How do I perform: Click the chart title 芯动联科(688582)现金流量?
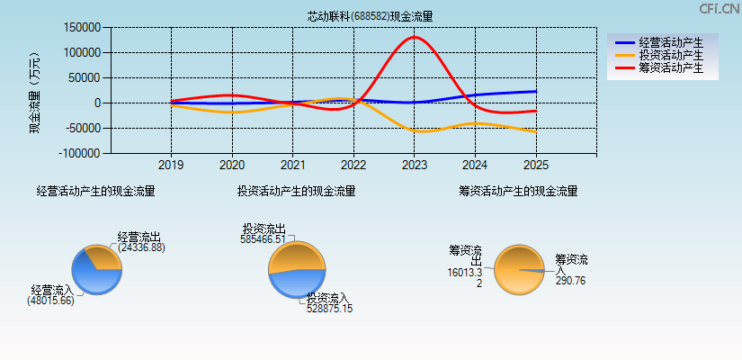coord(370,16)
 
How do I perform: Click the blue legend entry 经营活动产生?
coord(670,42)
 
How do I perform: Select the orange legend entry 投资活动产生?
coord(670,55)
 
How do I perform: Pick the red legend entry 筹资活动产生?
coord(670,67)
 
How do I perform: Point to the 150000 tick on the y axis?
coord(83,27)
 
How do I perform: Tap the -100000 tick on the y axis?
coord(81,154)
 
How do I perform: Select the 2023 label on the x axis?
coord(414,166)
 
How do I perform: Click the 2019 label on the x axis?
coord(171,166)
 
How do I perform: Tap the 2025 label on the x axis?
coord(535,166)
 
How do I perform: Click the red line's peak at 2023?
coord(414,37)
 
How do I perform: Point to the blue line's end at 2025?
coord(536,91)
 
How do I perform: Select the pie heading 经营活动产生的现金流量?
coord(95,191)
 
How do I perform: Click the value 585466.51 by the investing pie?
coord(263,239)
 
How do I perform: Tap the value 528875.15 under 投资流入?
coord(329,309)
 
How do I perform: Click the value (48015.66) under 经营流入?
coord(50,301)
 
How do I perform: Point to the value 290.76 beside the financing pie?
coord(570,280)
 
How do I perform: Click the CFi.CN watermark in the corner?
coord(719,8)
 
